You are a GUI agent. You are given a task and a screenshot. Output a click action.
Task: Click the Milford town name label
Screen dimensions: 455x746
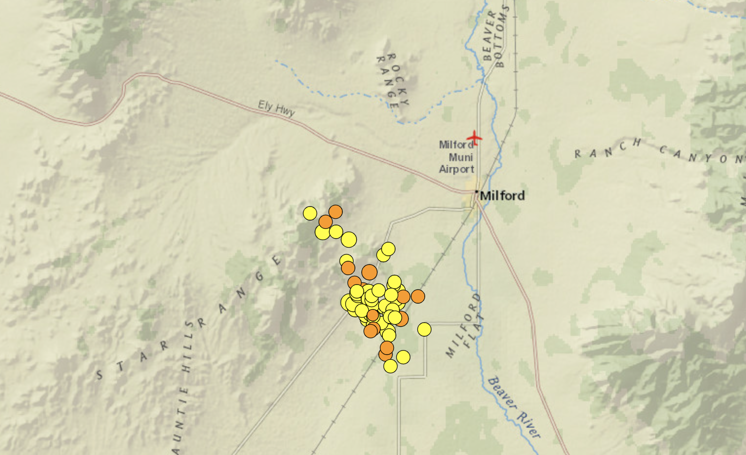click(502, 196)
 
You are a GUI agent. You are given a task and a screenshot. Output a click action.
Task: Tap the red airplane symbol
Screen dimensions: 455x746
click(474, 138)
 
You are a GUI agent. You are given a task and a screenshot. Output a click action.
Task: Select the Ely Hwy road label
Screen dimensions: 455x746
click(276, 108)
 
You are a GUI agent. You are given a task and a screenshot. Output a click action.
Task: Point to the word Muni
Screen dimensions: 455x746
click(461, 157)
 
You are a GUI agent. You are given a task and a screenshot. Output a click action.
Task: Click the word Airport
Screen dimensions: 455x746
click(456, 169)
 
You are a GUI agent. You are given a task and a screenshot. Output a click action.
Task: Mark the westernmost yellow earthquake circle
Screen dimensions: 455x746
click(310, 213)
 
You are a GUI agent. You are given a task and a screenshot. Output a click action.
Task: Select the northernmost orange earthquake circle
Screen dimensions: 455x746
click(335, 212)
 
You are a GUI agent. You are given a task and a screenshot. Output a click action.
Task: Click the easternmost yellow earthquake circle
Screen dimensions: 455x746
click(424, 330)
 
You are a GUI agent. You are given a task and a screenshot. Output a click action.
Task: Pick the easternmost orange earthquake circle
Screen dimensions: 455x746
click(418, 296)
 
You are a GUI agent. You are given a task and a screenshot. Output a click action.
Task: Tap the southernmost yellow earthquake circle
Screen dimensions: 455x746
click(390, 366)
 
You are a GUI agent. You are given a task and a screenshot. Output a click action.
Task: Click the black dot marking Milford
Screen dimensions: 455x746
click(477, 191)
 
